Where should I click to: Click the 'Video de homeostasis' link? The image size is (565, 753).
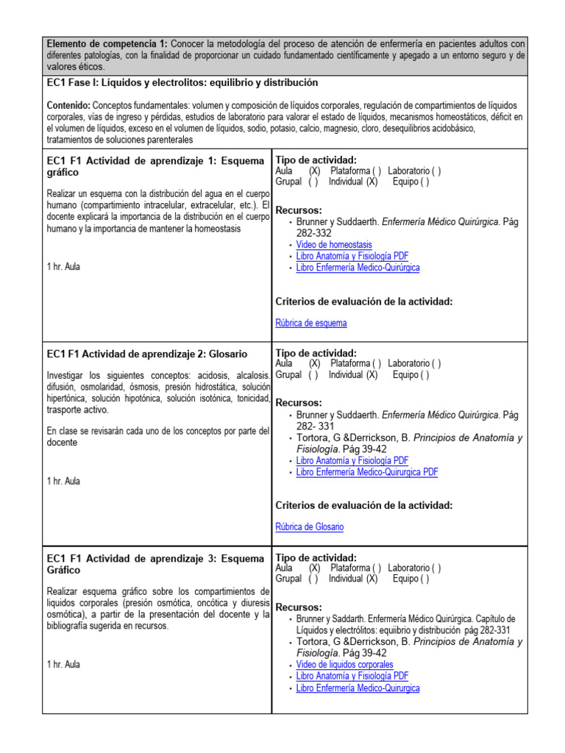pyautogui.click(x=333, y=245)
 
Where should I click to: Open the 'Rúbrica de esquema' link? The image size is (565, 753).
pyautogui.click(x=310, y=323)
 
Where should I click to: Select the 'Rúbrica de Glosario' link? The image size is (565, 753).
pyautogui.click(x=309, y=527)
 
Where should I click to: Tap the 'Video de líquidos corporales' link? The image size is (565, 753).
pyautogui.click(x=344, y=665)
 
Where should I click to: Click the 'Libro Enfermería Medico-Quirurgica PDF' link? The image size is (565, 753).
pyautogui.click(x=366, y=472)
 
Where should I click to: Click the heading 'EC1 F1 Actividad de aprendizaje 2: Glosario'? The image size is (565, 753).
pyautogui.click(x=146, y=354)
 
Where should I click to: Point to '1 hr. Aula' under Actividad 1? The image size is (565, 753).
pyautogui.click(x=63, y=267)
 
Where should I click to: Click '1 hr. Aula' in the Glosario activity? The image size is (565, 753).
pyautogui.click(x=63, y=481)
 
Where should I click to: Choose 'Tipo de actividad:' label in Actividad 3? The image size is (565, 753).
pyautogui.click(x=316, y=557)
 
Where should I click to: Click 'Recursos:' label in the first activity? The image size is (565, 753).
pyautogui.click(x=298, y=210)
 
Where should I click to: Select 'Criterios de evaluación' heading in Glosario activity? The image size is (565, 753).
pyautogui.click(x=363, y=505)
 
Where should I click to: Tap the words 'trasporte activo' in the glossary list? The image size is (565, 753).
pyautogui.click(x=77, y=410)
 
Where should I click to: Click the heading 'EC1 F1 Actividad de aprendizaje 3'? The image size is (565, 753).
pyautogui.click(x=154, y=558)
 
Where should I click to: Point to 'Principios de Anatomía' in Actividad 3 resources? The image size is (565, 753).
pyautogui.click(x=467, y=642)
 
